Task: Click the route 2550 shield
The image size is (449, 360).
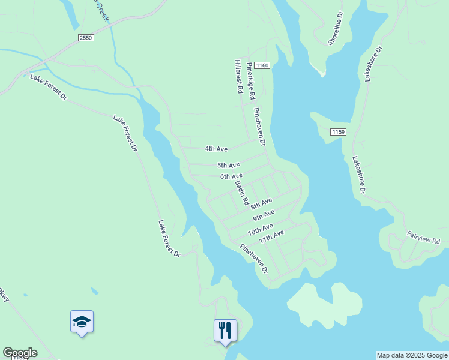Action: tap(86, 38)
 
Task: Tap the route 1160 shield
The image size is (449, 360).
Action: tap(261, 65)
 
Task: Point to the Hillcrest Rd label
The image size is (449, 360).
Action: tap(238, 76)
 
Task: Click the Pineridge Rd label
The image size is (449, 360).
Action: tap(251, 82)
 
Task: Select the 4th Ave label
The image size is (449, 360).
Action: tap(216, 148)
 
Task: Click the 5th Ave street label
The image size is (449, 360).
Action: tap(228, 165)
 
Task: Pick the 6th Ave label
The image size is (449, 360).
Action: tap(231, 176)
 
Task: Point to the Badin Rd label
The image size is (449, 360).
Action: tap(241, 193)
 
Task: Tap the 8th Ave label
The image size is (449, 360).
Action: tap(262, 203)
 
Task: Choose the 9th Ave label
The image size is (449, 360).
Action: tap(264, 215)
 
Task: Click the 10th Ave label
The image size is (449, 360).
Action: tap(260, 229)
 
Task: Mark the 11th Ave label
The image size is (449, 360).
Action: tap(271, 236)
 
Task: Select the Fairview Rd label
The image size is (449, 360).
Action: tap(423, 236)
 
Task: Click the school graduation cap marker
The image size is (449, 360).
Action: tap(82, 322)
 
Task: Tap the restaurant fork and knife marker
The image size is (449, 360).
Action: tap(225, 330)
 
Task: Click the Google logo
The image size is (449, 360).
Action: tap(20, 353)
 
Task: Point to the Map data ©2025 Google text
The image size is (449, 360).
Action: tap(412, 355)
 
